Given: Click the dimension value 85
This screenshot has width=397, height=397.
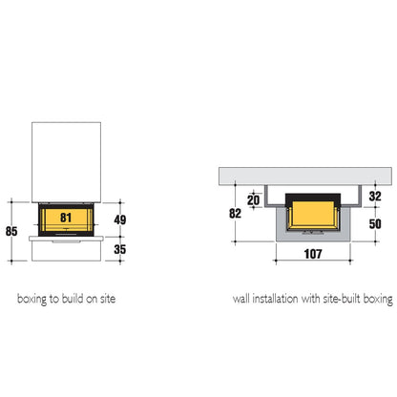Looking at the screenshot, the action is pos(11,231).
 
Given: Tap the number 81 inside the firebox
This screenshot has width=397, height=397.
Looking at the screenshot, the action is pos(66,218).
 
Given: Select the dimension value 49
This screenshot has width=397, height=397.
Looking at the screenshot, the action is pos(120,219).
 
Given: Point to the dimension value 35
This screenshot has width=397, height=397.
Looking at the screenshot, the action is pos(120,249).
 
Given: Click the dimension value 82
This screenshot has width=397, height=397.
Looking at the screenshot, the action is pos(235,213).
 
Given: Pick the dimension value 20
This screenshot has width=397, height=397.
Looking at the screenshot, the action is pos(254,200).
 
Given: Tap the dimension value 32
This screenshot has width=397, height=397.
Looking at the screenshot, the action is pos(375,196).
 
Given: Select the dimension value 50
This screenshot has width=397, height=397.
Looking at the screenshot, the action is pos(375,224).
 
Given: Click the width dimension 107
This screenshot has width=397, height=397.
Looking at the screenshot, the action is pos(313,254).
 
